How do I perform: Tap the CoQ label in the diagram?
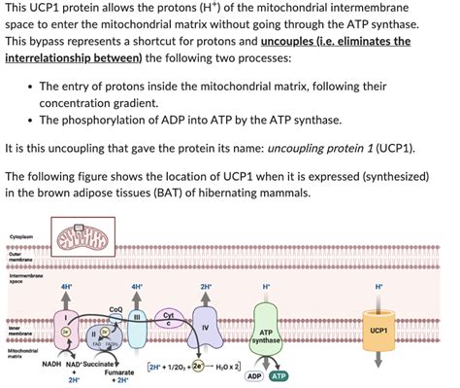pyautogui.click(x=115, y=310)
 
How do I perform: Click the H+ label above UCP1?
pyautogui.click(x=378, y=287)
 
